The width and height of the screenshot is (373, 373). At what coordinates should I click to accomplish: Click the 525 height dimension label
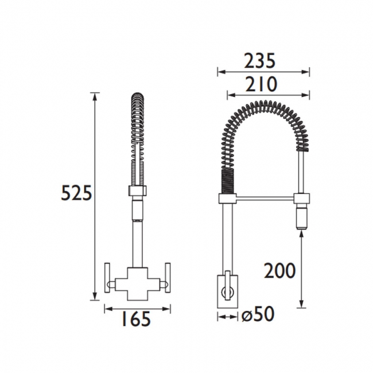pos(76,193)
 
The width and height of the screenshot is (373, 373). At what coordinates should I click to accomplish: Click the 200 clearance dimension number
pos(279,270)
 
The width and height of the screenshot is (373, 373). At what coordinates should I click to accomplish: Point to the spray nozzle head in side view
pos(302,219)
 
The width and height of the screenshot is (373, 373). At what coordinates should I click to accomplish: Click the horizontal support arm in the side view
pos(264,199)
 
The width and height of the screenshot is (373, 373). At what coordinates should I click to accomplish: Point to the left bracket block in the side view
pos(226,199)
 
